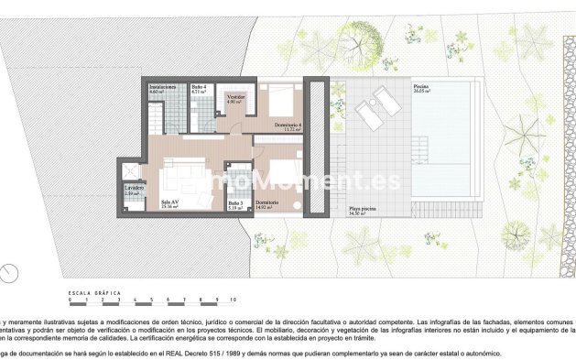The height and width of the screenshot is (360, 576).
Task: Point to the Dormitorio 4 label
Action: click(x=287, y=125)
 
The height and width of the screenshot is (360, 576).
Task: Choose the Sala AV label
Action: click(x=168, y=202)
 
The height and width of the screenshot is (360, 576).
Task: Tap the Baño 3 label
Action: click(x=235, y=202)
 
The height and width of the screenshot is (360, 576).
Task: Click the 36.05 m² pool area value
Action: click(x=421, y=93)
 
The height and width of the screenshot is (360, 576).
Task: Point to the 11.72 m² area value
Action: click(x=292, y=130)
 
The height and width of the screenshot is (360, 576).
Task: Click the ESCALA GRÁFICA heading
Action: click(x=95, y=292)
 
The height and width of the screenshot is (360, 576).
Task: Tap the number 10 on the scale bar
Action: click(x=233, y=300)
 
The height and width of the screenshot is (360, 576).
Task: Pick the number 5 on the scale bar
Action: click(x=151, y=300)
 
